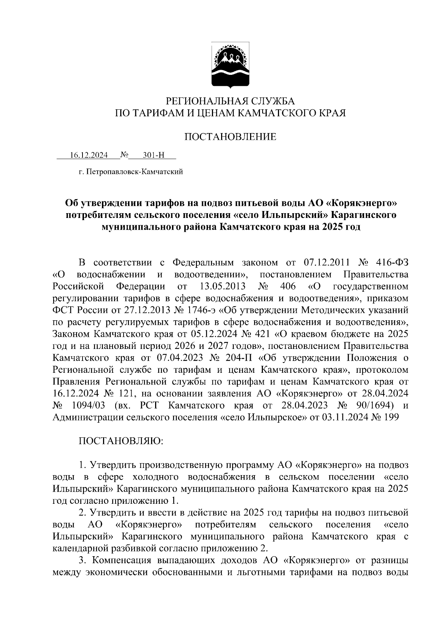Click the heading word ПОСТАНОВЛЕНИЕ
pyautogui.click(x=230, y=137)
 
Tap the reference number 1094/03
pyautogui.click(x=88, y=405)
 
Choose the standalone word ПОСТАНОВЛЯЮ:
pyautogui.click(x=121, y=441)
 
